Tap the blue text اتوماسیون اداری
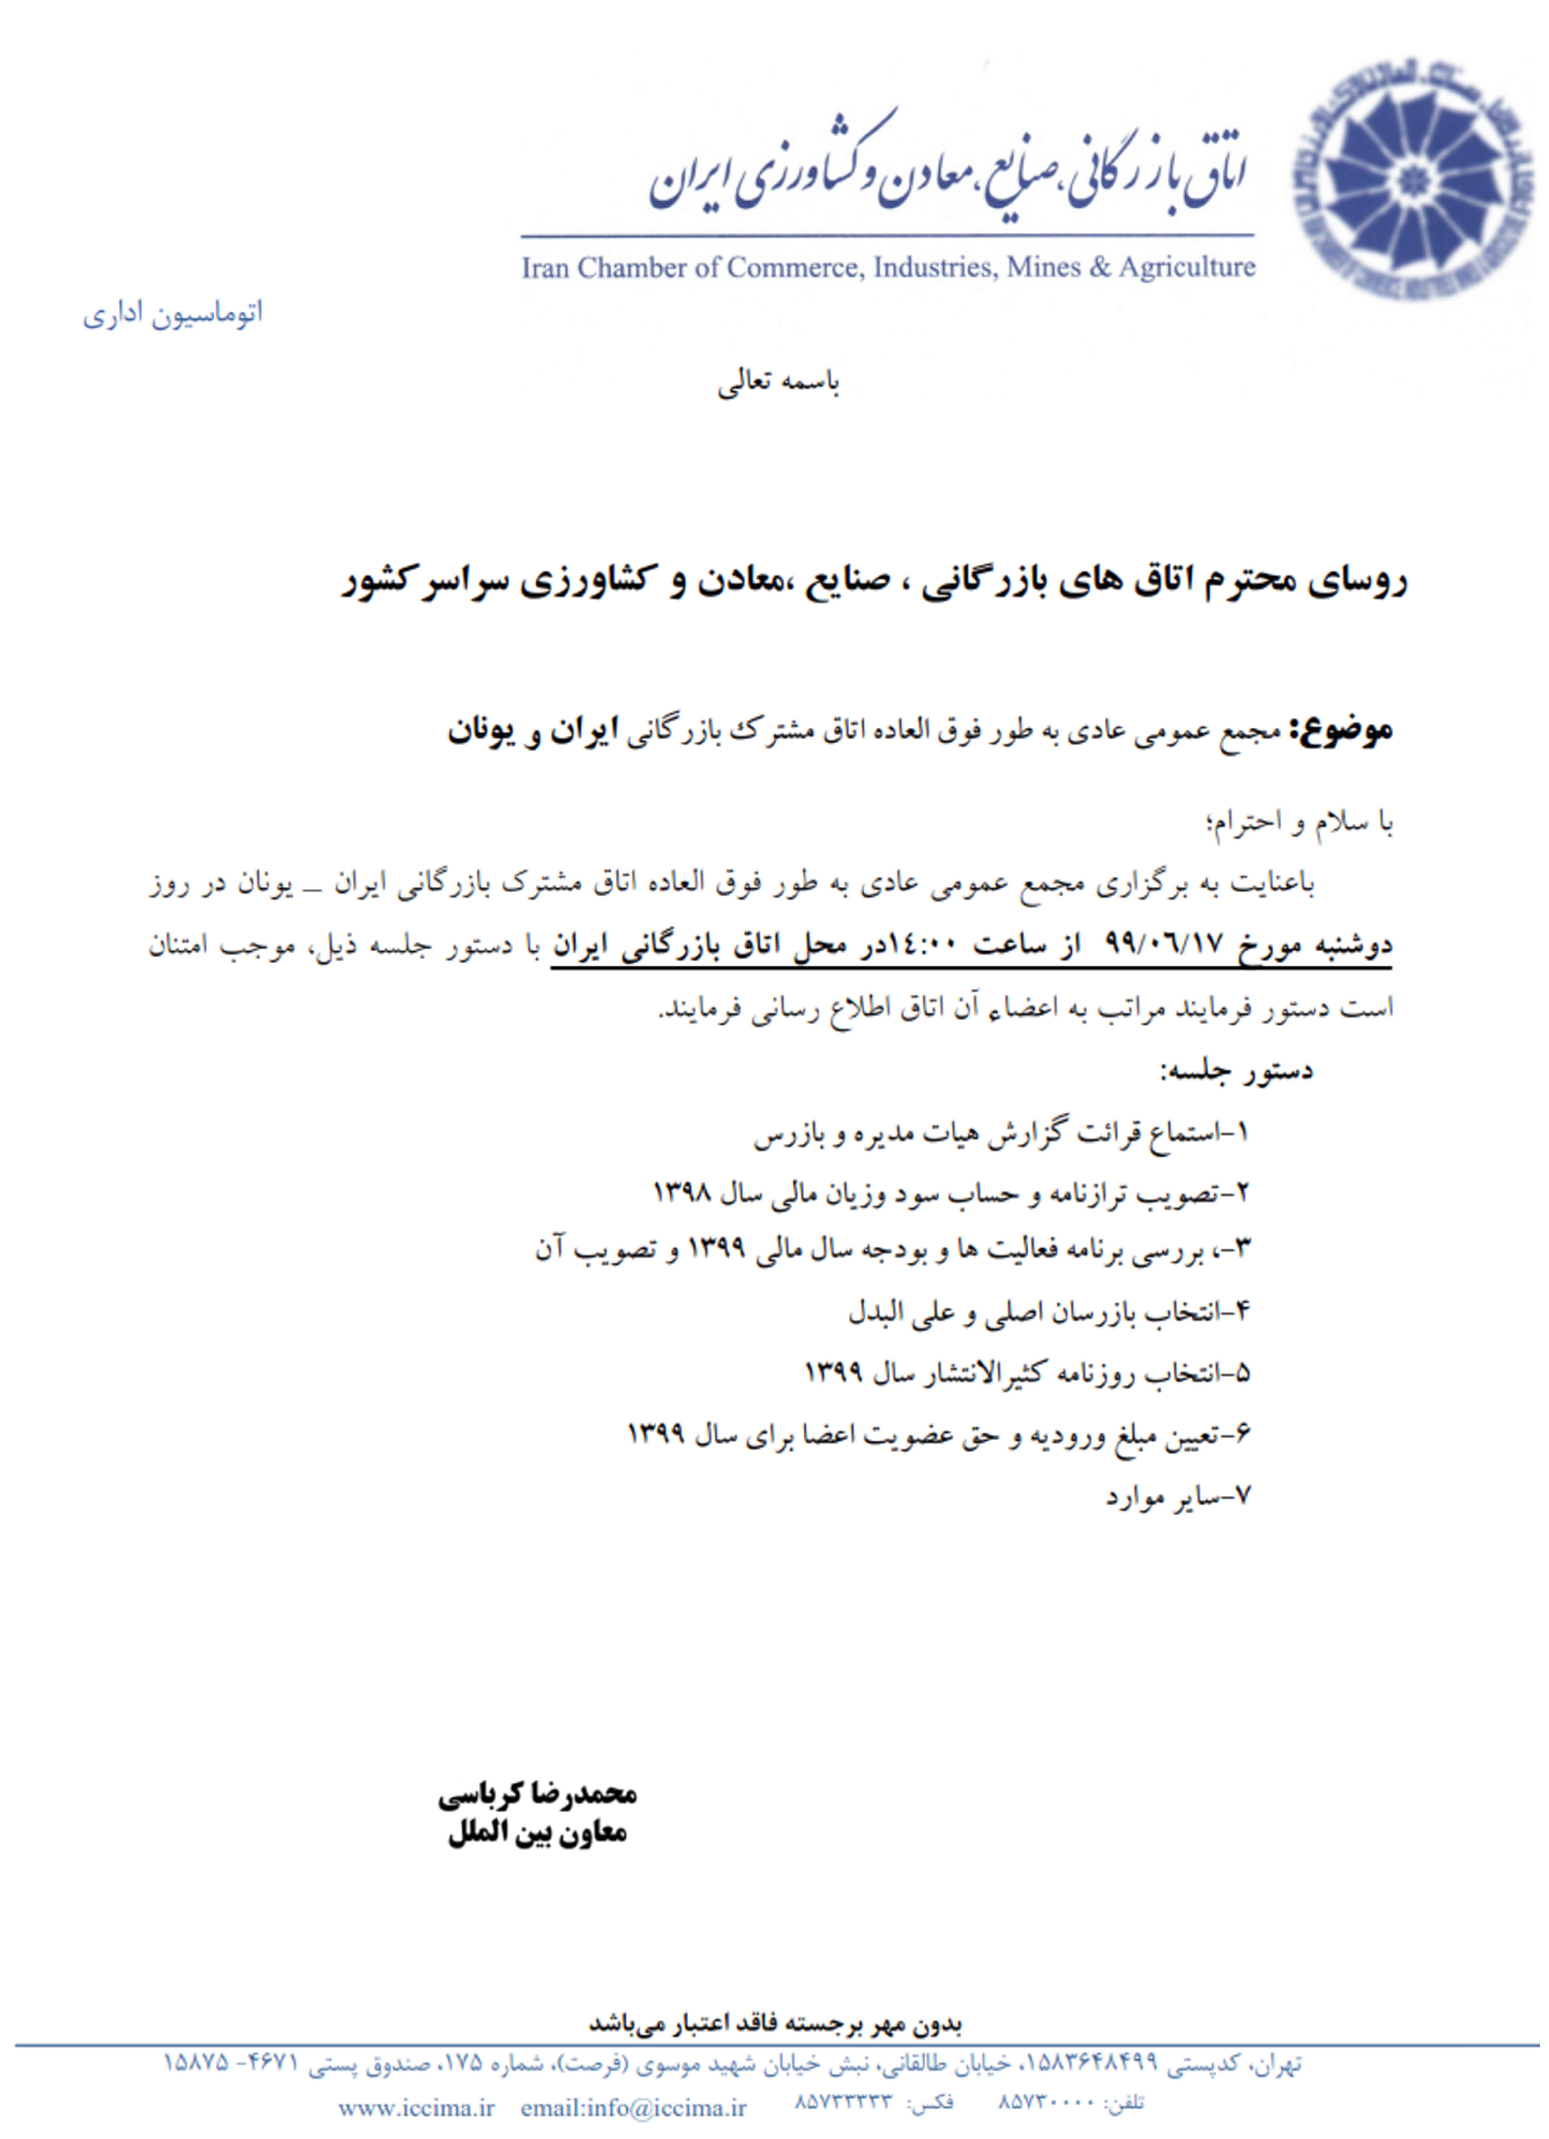[173, 314]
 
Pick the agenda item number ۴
[1241, 1312]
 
